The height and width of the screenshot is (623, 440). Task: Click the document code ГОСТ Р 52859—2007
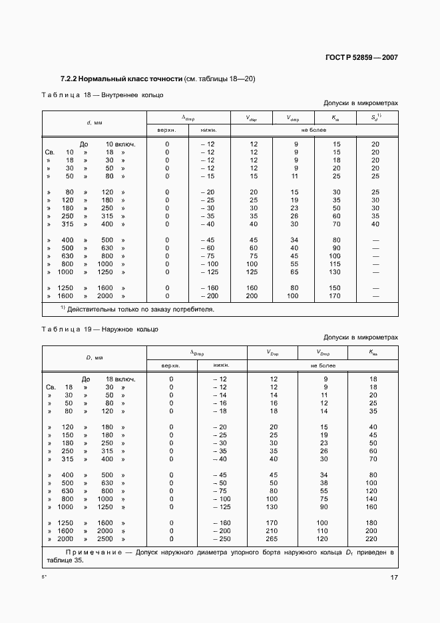tap(361, 57)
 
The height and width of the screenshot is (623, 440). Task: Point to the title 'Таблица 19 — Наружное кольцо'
tap(100, 329)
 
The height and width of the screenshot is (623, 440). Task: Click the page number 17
tap(393, 577)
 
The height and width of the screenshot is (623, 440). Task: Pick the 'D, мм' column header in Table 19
tap(94, 357)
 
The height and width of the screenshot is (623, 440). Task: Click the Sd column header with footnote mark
tap(375, 118)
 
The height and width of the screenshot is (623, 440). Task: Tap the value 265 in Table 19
tap(272, 538)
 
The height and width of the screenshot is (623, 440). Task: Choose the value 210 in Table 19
tap(272, 531)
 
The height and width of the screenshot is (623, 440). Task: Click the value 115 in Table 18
tap(336, 264)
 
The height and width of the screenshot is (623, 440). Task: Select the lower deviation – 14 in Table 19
tap(220, 395)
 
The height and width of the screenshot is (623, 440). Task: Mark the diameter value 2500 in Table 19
tap(105, 538)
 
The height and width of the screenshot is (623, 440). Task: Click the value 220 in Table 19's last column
tap(373, 538)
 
